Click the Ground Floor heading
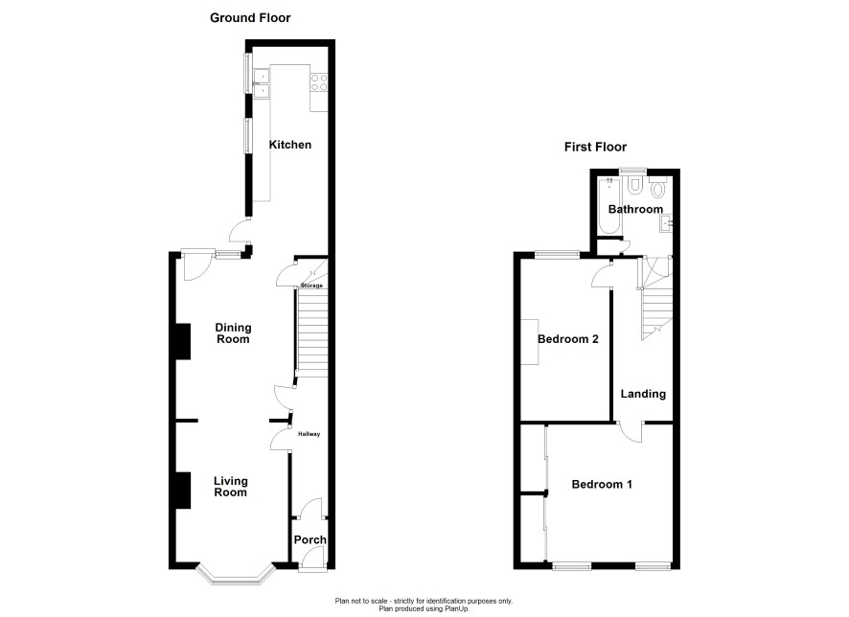click(x=250, y=18)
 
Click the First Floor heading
click(x=595, y=147)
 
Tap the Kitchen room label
click(x=290, y=145)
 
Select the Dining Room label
click(x=233, y=333)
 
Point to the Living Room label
click(x=231, y=487)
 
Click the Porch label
click(x=310, y=539)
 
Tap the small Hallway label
click(x=310, y=434)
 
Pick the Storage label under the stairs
click(x=311, y=286)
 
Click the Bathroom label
click(x=635, y=209)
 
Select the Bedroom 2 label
click(x=568, y=339)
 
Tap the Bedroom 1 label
click(x=602, y=485)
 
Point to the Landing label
click(x=643, y=394)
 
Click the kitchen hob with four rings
click(x=319, y=82)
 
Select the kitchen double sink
click(x=262, y=84)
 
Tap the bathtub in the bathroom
click(x=609, y=206)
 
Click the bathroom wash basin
click(x=666, y=223)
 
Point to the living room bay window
click(x=235, y=576)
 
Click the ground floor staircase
click(x=312, y=333)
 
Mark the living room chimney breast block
click(x=182, y=491)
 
